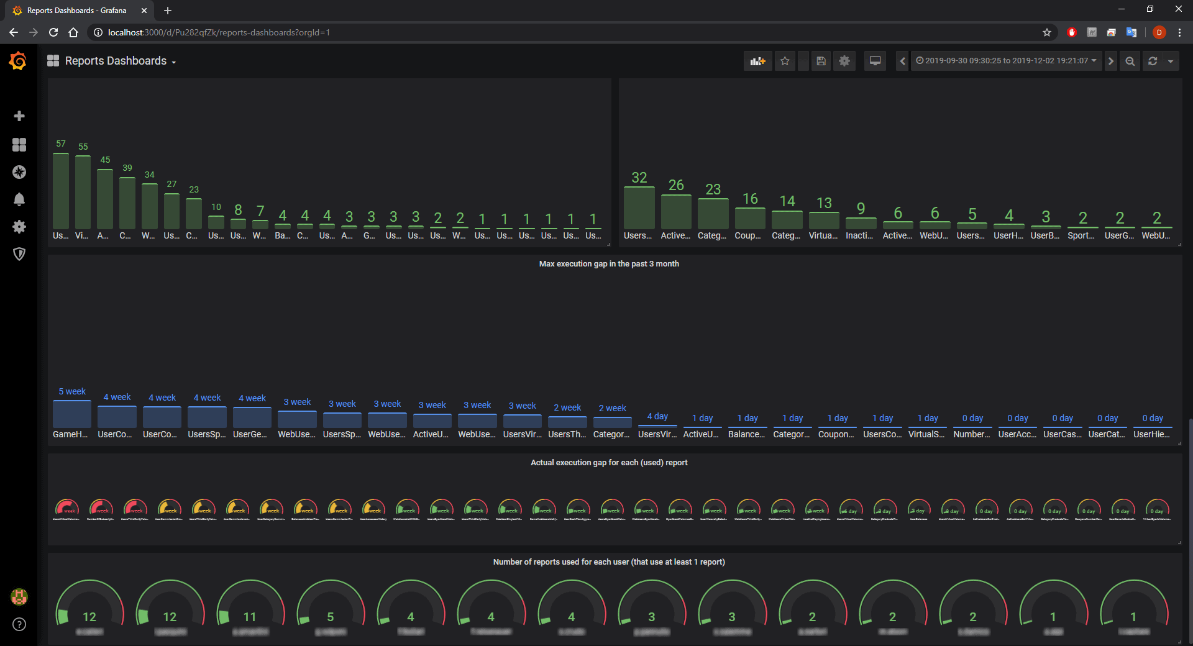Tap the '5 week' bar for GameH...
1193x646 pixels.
[x=72, y=414]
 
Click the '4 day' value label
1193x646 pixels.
[x=657, y=416]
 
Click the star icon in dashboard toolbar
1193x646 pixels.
[x=785, y=61]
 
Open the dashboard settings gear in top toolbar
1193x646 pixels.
[x=844, y=61]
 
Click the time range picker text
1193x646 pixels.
[x=1006, y=61]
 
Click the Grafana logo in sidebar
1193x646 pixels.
[x=19, y=61]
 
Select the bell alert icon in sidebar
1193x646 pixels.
[x=19, y=199]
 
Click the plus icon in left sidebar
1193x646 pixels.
[x=19, y=116]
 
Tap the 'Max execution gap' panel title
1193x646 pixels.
[x=608, y=264]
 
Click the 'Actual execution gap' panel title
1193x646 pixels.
[x=608, y=463]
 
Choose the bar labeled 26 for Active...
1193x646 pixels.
[x=676, y=212]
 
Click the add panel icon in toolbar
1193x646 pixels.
[x=757, y=61]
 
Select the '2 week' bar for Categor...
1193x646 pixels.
[x=612, y=422]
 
